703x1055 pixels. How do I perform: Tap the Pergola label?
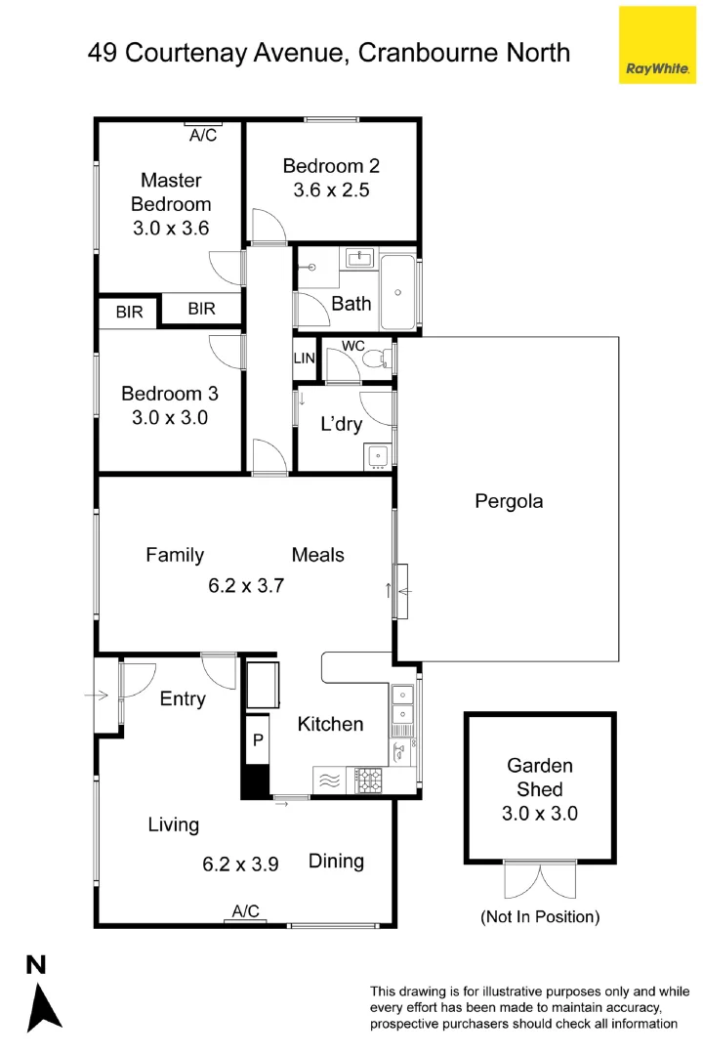click(508, 501)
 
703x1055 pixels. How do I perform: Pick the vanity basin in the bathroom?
click(361, 259)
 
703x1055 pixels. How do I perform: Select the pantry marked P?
click(258, 739)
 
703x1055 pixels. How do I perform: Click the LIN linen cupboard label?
click(305, 359)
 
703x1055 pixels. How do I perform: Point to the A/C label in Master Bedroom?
click(203, 135)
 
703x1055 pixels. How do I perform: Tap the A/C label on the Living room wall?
click(245, 911)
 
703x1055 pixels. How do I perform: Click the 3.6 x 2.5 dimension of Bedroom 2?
click(331, 190)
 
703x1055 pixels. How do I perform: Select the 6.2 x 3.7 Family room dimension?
click(246, 586)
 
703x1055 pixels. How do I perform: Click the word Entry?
click(183, 698)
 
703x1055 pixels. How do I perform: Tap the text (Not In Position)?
click(539, 916)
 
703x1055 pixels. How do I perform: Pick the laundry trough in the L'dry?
click(376, 455)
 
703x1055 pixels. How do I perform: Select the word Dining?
click(336, 861)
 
